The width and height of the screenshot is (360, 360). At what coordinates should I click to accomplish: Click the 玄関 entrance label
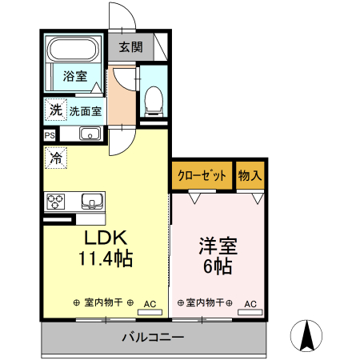pyautogui.click(x=131, y=47)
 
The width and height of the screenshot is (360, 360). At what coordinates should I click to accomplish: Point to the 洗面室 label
pyautogui.click(x=86, y=111)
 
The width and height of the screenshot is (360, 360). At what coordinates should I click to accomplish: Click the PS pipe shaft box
pyautogui.click(x=50, y=135)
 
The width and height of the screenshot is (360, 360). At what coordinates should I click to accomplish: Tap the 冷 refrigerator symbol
pyautogui.click(x=55, y=158)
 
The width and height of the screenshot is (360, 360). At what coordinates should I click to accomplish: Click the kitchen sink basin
pyautogui.click(x=89, y=200)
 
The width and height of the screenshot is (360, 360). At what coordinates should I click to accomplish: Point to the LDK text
pyautogui.click(x=105, y=238)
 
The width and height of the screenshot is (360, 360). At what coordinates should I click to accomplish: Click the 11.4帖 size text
pyautogui.click(x=105, y=258)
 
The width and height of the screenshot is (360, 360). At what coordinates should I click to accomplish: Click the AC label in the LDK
pyautogui.click(x=150, y=304)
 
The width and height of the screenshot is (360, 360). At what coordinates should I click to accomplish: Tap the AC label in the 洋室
pyautogui.click(x=250, y=304)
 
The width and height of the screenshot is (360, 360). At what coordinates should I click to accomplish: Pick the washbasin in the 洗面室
pyautogui.click(x=89, y=133)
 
